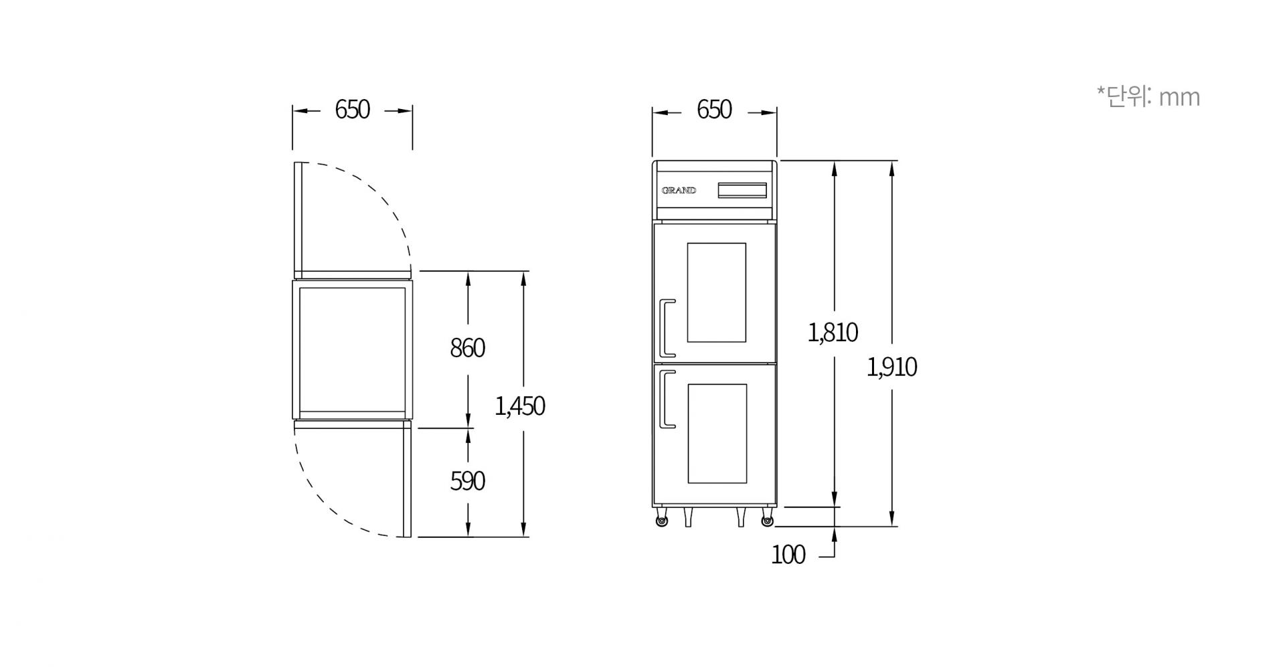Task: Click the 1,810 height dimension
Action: pos(833,332)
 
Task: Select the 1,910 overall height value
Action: pos(891,367)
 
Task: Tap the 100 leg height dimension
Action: pos(788,555)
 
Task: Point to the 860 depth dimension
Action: pos(467,348)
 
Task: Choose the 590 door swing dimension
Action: pos(467,481)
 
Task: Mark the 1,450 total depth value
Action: pos(520,406)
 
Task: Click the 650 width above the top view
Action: pos(352,110)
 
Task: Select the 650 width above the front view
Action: pos(714,110)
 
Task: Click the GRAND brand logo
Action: pos(679,191)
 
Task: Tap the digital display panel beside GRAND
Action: pos(743,191)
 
